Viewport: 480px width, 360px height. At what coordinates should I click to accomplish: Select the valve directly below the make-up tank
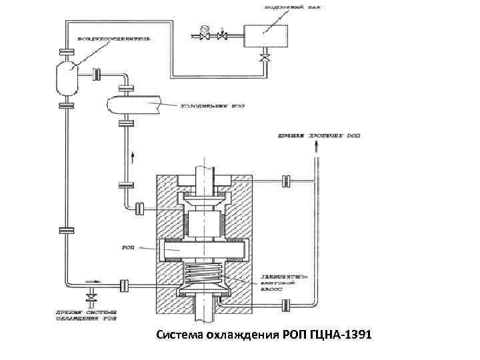[x=265, y=60]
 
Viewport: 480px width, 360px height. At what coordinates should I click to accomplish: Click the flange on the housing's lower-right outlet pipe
[x=285, y=306]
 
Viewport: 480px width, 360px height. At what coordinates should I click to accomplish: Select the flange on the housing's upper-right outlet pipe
[x=285, y=180]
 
